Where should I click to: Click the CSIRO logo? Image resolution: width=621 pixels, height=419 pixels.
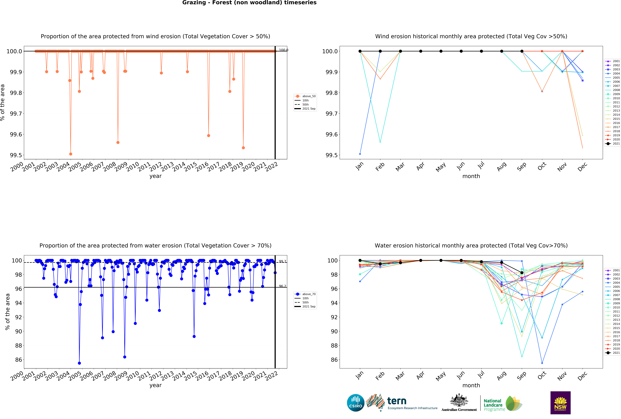(x=355, y=403)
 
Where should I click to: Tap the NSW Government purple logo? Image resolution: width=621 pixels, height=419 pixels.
(x=560, y=403)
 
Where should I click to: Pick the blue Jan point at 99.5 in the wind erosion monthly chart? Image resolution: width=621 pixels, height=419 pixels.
(x=360, y=154)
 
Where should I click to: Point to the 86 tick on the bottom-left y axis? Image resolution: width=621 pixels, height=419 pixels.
(x=19, y=360)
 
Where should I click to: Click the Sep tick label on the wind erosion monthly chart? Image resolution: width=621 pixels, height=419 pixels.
(x=521, y=167)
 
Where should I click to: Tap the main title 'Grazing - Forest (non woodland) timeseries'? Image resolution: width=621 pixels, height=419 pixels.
(x=249, y=3)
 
